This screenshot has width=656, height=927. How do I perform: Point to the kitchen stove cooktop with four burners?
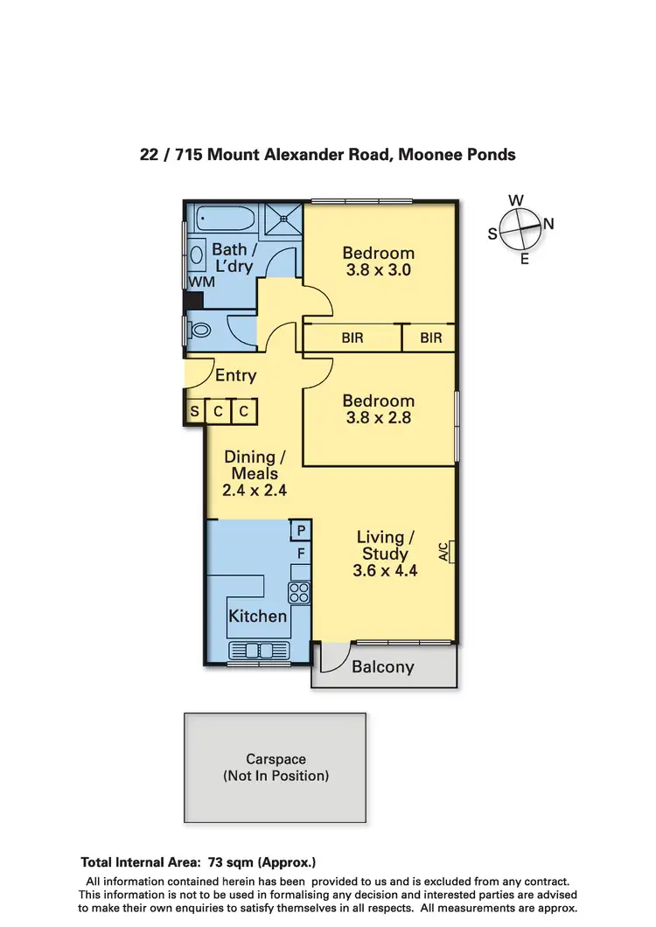click(299, 592)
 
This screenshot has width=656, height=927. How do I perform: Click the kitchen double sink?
click(254, 650)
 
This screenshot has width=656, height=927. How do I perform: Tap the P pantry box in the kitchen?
click(301, 531)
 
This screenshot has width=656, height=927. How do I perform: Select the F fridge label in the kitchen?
click(301, 554)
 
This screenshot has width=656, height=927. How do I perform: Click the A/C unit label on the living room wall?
click(443, 552)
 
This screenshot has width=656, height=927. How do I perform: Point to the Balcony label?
click(382, 667)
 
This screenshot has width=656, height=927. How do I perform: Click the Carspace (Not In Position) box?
click(275, 767)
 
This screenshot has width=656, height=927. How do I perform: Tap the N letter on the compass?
click(548, 224)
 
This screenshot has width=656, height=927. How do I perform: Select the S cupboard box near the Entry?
click(194, 411)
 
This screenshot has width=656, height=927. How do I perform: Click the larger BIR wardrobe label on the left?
click(352, 338)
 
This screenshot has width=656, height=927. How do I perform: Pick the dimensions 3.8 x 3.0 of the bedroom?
click(378, 271)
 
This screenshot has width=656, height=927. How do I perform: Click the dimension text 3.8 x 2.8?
click(378, 418)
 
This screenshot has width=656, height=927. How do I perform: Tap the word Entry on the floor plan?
click(235, 376)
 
